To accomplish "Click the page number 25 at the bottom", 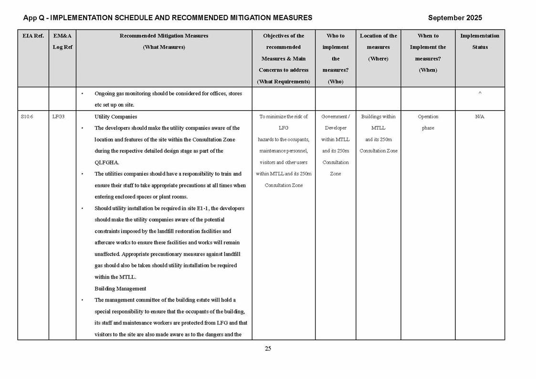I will [268, 348].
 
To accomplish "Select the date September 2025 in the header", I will [455, 18].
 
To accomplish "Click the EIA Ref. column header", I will [33, 36].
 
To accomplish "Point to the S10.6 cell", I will [27, 116].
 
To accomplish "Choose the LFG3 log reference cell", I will [59, 116].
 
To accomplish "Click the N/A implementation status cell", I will [480, 116].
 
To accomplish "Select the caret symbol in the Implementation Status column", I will [480, 94].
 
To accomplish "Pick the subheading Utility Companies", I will [116, 116].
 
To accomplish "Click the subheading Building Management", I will [120, 288].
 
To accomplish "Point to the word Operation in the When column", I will [428, 116].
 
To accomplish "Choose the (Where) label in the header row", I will [378, 59].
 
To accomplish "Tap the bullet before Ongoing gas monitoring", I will [83, 94].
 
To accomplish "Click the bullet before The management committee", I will [83, 300].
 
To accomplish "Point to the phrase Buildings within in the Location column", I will [378, 116].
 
